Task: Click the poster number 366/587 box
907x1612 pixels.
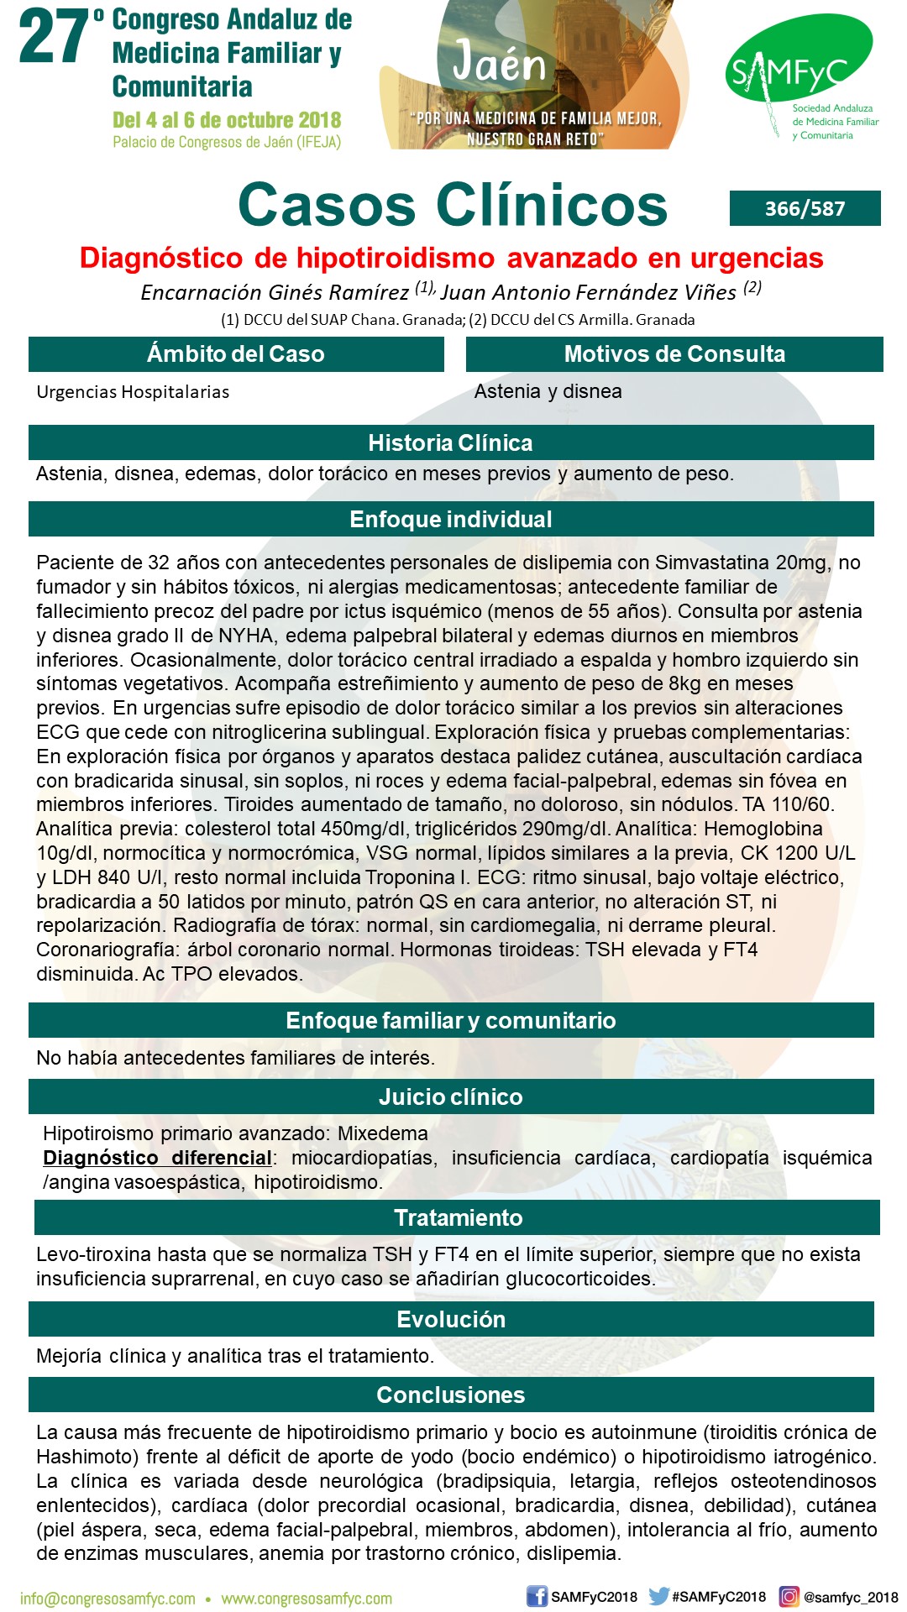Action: click(805, 208)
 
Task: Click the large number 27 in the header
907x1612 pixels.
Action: click(55, 39)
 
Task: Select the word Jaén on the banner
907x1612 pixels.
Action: click(500, 63)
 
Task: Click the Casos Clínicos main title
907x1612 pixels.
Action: click(453, 205)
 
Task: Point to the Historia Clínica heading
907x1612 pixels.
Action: click(450, 442)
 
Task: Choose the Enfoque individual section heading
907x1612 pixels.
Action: click(450, 519)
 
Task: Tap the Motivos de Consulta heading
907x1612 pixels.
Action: click(674, 354)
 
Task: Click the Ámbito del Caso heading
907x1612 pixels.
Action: click(236, 354)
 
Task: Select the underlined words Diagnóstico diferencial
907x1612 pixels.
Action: click(157, 1158)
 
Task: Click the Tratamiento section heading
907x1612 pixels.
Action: click(458, 1217)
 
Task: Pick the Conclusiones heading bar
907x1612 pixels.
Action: click(450, 1395)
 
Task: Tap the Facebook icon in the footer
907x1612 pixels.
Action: click(537, 1596)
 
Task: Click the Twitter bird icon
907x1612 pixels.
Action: click(659, 1596)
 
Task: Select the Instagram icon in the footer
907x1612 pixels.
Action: click(789, 1596)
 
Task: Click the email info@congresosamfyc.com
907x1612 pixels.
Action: click(107, 1599)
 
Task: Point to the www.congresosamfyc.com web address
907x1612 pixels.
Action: click(307, 1599)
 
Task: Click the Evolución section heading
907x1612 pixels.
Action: click(450, 1319)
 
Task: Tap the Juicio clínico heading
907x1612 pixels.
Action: click(450, 1096)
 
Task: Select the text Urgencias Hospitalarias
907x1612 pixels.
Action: click(133, 392)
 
